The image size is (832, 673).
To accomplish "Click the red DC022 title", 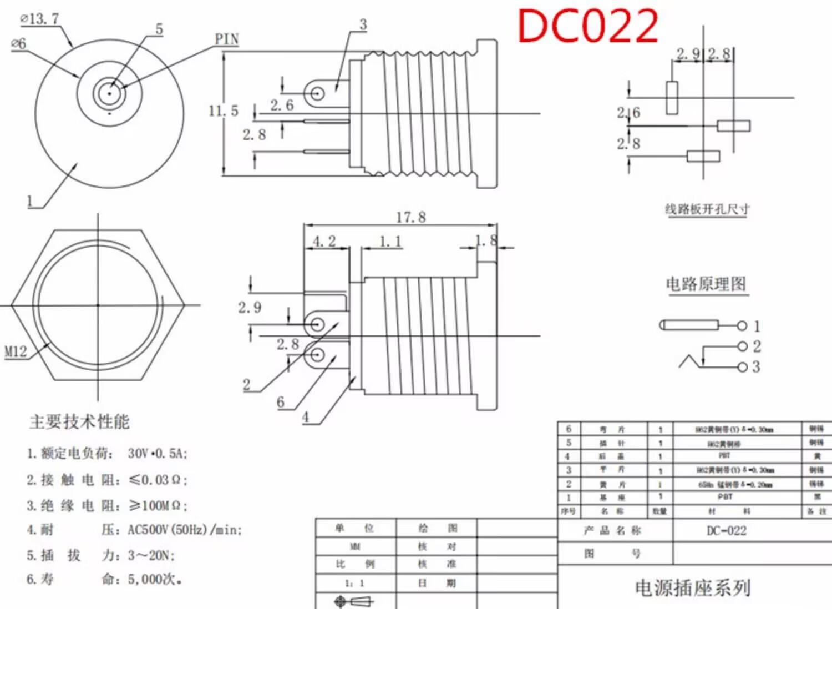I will tap(588, 26).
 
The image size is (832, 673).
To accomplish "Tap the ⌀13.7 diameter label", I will tap(40, 19).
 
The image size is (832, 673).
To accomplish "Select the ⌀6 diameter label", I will tap(19, 43).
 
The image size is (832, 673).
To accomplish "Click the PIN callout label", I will tap(227, 39).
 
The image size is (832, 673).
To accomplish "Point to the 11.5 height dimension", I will tap(223, 111).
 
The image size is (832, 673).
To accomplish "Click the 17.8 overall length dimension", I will tap(410, 217).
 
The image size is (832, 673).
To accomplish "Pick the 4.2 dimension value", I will tap(324, 242).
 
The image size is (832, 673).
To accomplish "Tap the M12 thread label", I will tap(16, 351).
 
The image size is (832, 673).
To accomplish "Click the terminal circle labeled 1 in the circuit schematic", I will tap(742, 325).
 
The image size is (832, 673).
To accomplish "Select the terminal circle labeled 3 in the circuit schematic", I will tap(742, 367).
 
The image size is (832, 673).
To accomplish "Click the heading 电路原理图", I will tap(706, 284).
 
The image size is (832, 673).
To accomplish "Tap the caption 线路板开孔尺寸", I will tap(707, 209).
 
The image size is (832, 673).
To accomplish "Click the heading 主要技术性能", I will tap(79, 421).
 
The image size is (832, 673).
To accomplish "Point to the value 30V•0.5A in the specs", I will tap(158, 454).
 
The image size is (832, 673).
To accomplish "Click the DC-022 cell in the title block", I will tap(727, 531).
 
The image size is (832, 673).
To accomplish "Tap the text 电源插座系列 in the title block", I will tap(692, 588).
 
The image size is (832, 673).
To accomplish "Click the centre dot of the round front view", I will tap(109, 93).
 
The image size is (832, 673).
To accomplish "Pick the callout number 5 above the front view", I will tap(159, 29).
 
